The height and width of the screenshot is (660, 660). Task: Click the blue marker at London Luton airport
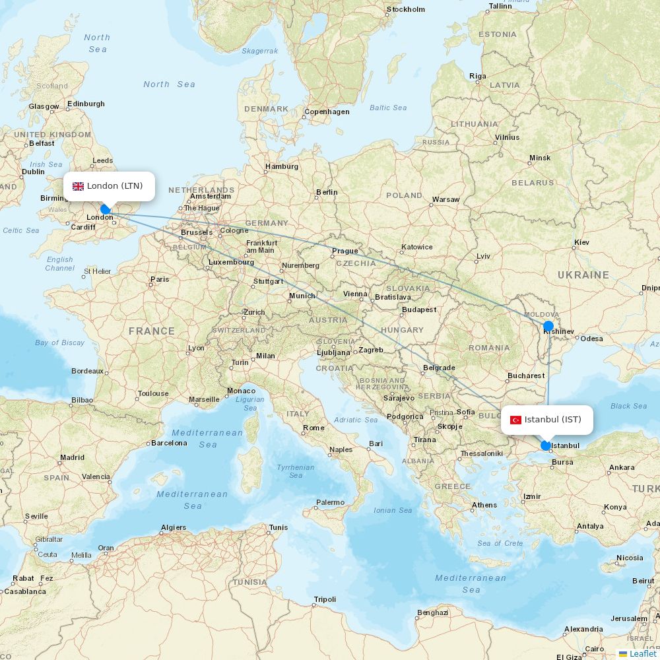click(105, 209)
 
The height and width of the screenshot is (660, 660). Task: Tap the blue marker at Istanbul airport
click(546, 445)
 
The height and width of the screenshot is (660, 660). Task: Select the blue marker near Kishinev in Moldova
click(548, 325)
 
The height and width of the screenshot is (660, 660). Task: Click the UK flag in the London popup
click(78, 186)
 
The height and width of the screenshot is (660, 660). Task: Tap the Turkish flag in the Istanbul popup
click(515, 420)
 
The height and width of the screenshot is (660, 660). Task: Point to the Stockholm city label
click(406, 9)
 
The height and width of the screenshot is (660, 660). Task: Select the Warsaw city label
click(445, 199)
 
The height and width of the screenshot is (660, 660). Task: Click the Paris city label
click(160, 279)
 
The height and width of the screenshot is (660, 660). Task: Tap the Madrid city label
click(72, 457)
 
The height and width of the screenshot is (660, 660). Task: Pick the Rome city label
click(313, 428)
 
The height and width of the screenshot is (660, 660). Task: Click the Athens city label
click(484, 505)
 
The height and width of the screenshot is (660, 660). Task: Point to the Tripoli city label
click(325, 599)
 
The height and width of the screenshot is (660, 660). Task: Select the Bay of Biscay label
click(60, 343)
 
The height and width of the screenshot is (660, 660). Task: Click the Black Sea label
click(628, 406)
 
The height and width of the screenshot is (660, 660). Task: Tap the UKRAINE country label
click(583, 275)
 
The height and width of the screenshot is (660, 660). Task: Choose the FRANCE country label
click(152, 331)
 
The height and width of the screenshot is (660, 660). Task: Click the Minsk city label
click(539, 158)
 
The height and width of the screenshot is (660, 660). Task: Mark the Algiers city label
click(174, 527)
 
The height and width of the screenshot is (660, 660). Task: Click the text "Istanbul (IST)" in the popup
click(552, 420)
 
